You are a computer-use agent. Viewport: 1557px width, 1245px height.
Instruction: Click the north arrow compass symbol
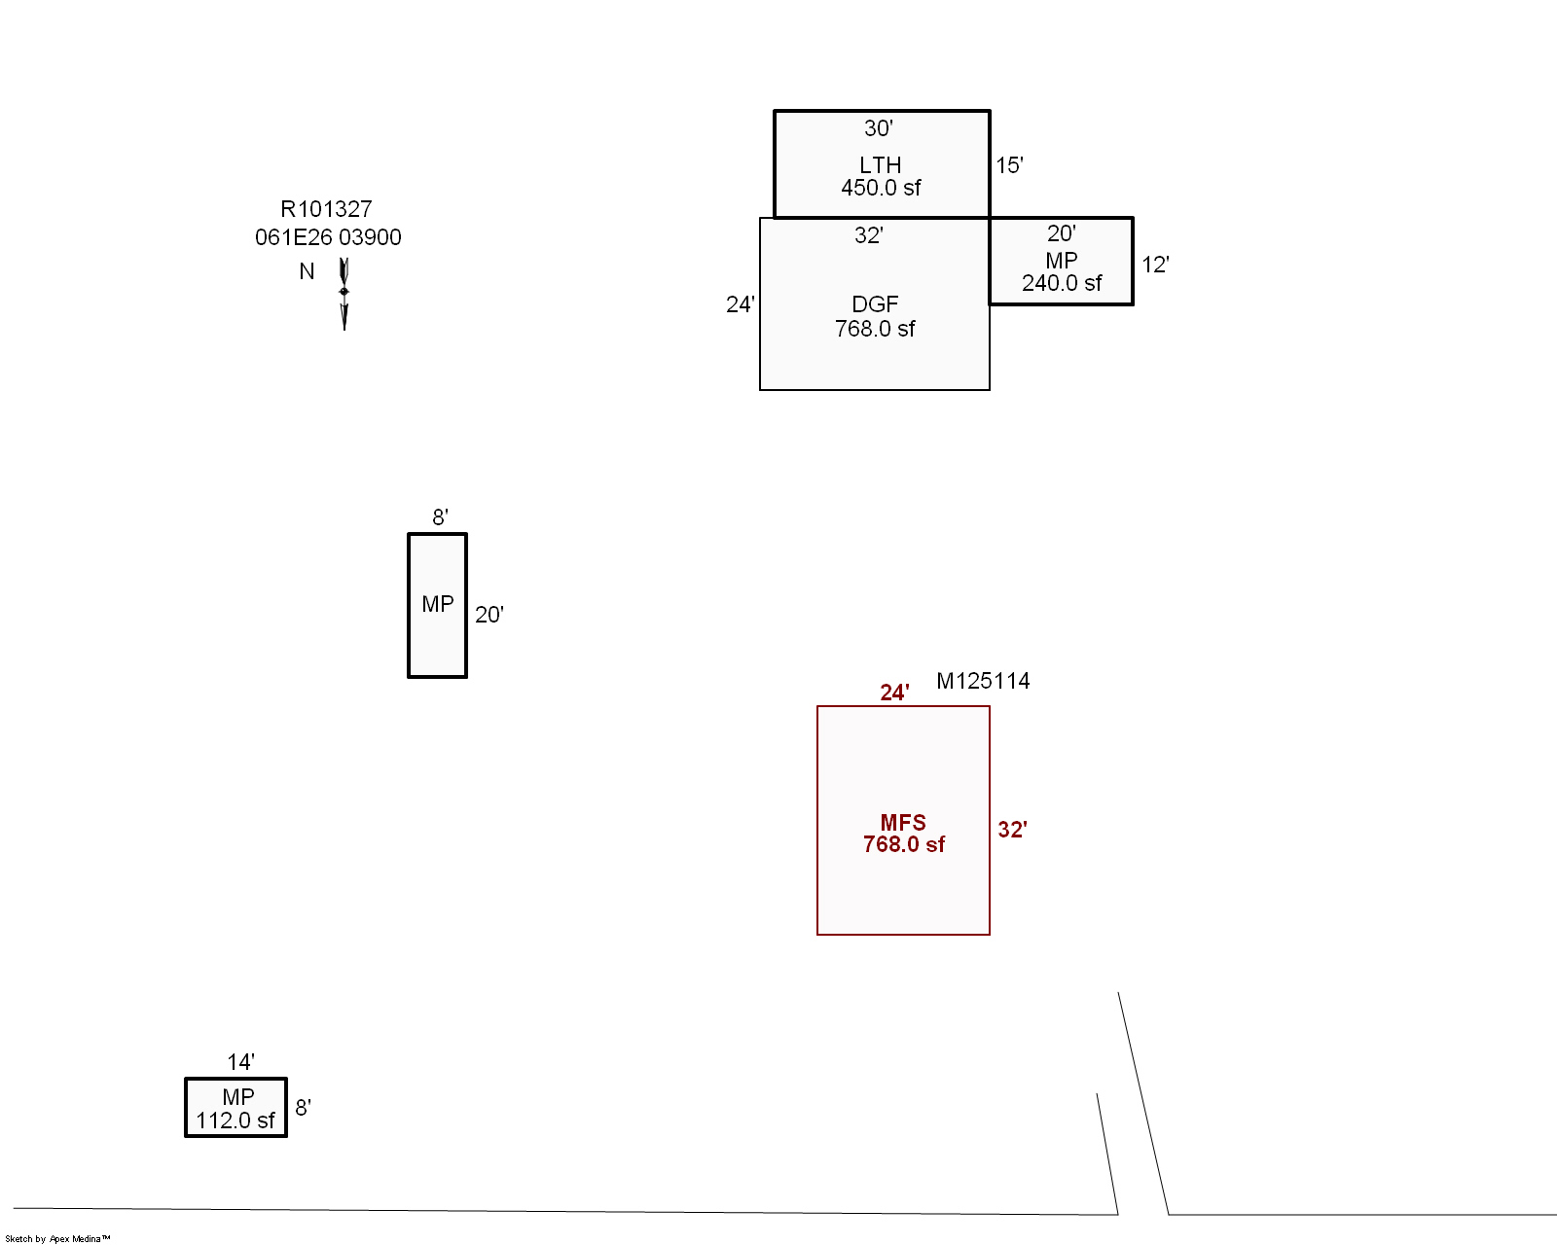click(x=344, y=294)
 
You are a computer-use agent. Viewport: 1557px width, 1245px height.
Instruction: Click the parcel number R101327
click(x=326, y=209)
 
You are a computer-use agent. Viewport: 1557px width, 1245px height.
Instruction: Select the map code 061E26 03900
click(x=328, y=237)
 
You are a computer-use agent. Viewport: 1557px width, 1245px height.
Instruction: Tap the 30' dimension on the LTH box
click(x=879, y=128)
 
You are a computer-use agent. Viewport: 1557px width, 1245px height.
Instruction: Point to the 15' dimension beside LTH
click(x=1009, y=165)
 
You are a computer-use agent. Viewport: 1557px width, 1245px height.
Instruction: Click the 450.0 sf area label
click(x=881, y=188)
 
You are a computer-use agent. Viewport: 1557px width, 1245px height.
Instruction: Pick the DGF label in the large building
click(x=875, y=304)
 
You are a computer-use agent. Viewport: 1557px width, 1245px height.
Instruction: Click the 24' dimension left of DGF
click(x=741, y=304)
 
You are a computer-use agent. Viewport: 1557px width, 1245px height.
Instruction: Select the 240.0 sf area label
click(x=1062, y=284)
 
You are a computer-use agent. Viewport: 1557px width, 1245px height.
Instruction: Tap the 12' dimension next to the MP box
click(x=1155, y=265)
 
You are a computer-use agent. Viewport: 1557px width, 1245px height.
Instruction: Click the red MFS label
click(x=903, y=823)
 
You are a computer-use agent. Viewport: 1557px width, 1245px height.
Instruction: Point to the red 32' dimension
click(x=1012, y=830)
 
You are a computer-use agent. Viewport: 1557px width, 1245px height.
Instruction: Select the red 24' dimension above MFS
click(x=894, y=694)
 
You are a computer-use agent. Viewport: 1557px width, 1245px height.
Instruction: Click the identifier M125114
click(x=983, y=681)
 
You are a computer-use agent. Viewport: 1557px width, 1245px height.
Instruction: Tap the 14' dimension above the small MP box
click(x=241, y=1062)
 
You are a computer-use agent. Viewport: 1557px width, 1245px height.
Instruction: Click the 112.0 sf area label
click(x=235, y=1120)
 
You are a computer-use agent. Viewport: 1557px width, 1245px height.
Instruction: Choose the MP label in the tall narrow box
click(x=438, y=604)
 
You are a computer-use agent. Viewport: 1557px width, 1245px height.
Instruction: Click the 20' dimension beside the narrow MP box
click(x=489, y=615)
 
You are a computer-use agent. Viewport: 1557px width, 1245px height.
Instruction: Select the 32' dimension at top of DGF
click(x=868, y=235)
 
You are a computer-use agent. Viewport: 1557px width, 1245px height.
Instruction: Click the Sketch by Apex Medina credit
click(x=57, y=1238)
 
